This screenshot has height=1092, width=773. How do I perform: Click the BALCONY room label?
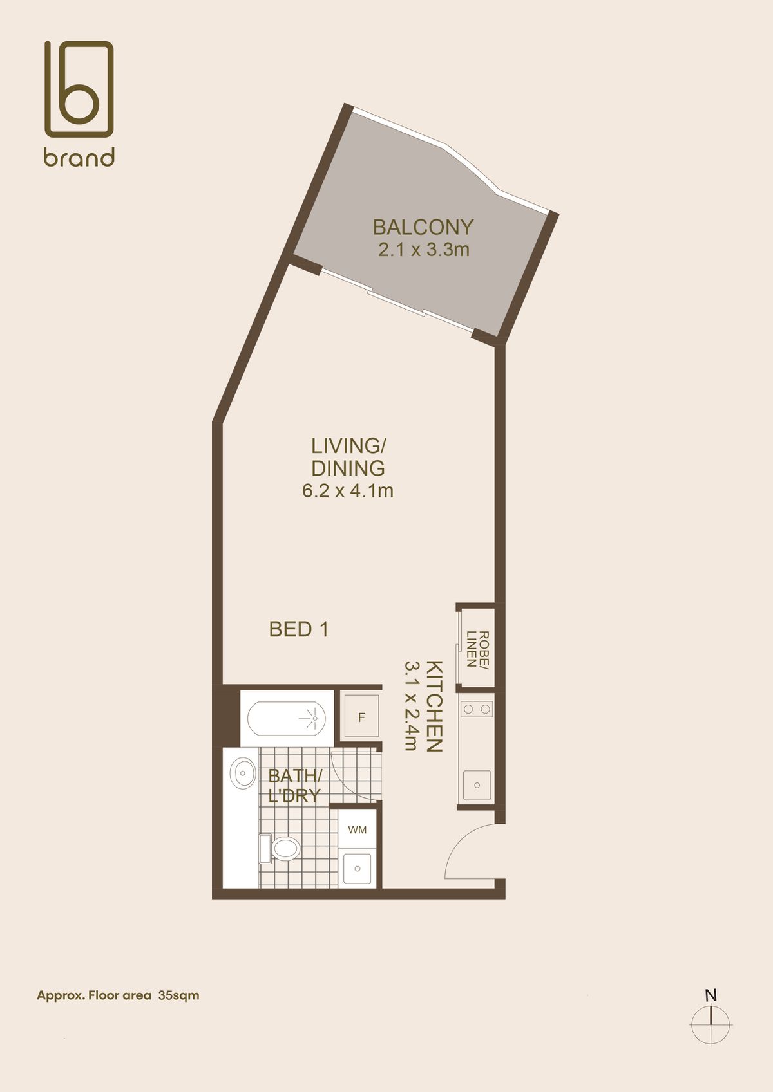coord(423,227)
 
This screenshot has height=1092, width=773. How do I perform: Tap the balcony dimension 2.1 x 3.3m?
coord(424,250)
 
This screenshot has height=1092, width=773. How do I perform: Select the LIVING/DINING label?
coord(348,457)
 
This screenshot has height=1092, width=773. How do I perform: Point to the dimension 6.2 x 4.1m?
coord(348,490)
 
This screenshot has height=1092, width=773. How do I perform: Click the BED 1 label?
coord(299,629)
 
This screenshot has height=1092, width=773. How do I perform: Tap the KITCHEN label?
coord(434,707)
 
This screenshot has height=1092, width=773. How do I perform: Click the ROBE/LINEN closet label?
coord(477,649)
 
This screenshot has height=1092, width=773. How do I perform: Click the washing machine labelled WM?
coord(358,829)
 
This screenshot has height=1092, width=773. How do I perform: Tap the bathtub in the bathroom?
coord(287,718)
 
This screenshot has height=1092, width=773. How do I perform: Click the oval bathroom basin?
coord(243,773)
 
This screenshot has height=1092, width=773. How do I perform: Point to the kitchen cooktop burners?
coord(477,709)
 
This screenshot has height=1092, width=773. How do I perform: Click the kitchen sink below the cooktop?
coord(477,785)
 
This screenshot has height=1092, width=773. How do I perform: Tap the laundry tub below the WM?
coord(358,869)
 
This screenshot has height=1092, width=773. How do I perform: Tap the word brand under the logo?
coord(79,157)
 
